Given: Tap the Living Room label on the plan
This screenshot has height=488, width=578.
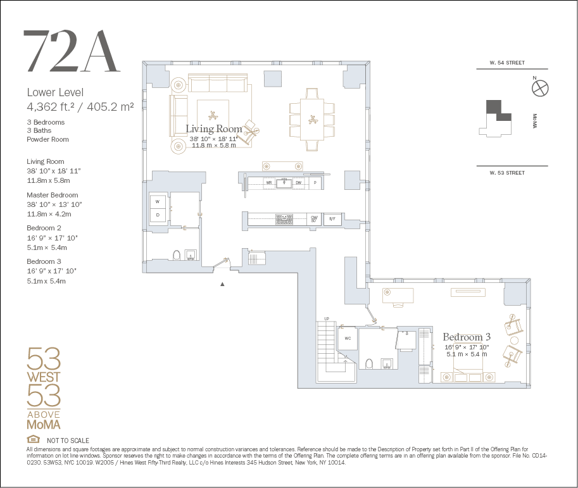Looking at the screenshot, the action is tap(214, 128).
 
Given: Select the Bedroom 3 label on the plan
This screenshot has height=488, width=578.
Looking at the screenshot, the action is tap(467, 337).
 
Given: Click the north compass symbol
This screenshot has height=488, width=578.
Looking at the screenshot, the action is tap(540, 89).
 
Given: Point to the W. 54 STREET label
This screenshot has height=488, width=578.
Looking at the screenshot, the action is tap(507, 63).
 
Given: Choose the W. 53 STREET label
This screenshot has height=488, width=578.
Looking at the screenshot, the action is tap(507, 173).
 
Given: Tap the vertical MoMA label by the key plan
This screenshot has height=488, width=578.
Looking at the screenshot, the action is tap(534, 121).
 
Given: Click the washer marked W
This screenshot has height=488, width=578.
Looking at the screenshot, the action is tap(158, 202).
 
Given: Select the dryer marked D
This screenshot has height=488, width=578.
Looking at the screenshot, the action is tap(158, 215).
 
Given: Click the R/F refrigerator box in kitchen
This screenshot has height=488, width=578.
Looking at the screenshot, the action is tap(332, 219).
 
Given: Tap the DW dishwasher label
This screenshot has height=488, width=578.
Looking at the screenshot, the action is tap(299, 182).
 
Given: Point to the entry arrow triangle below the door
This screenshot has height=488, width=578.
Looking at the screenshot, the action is tap(222, 284).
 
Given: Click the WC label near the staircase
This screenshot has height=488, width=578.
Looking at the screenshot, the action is tap(348, 339).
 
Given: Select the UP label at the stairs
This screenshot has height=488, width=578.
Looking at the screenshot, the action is tap(327, 319).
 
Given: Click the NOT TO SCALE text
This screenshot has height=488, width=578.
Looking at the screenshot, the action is tap(68, 441).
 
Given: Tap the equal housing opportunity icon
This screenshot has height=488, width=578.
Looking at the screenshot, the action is tap(33, 439).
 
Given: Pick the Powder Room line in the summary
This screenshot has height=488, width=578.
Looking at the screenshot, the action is tap(47, 139).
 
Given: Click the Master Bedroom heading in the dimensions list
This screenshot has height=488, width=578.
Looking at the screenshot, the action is tap(53, 195).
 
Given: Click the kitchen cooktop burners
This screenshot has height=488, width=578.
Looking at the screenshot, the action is tap(284, 219).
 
